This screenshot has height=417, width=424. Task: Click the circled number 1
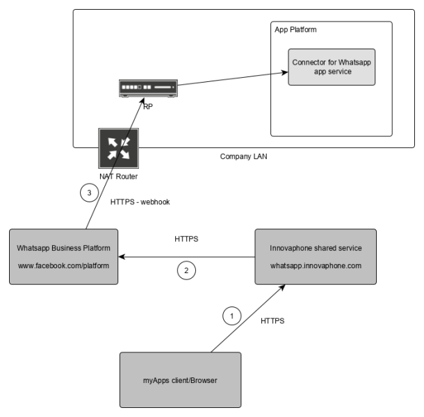pos(231,316)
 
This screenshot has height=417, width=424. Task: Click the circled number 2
pos(186,271)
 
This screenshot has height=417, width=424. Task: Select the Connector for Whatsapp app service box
pos(332,67)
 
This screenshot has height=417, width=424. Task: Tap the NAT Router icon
pos(118,148)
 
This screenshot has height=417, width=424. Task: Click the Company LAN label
pos(243,157)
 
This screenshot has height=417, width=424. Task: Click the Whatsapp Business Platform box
pos(63,256)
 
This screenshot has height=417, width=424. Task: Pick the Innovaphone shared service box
pos(316,256)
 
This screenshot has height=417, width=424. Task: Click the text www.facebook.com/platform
pos(63,265)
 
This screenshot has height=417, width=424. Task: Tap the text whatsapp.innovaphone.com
pos(316,265)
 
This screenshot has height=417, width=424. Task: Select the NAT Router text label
pos(118,177)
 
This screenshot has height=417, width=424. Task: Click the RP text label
pos(148,107)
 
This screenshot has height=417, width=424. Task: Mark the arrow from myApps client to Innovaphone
pos(243,318)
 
